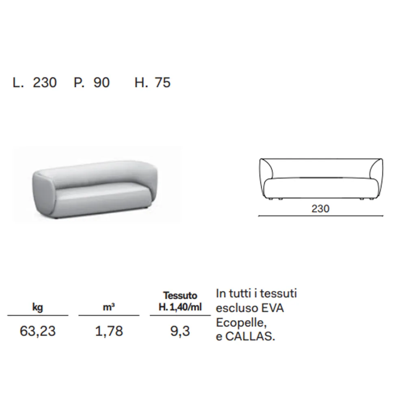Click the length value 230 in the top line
pyautogui.click(x=45, y=82)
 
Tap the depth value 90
pyautogui.click(x=101, y=82)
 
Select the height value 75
pyautogui.click(x=163, y=82)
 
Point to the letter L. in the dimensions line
pyautogui.click(x=18, y=82)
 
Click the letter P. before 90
pyautogui.click(x=79, y=82)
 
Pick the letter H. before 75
pyautogui.click(x=141, y=82)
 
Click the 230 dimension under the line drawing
pyautogui.click(x=320, y=209)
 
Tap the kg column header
pyautogui.click(x=37, y=307)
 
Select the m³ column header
pyautogui.click(x=109, y=307)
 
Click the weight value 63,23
pyautogui.click(x=37, y=331)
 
